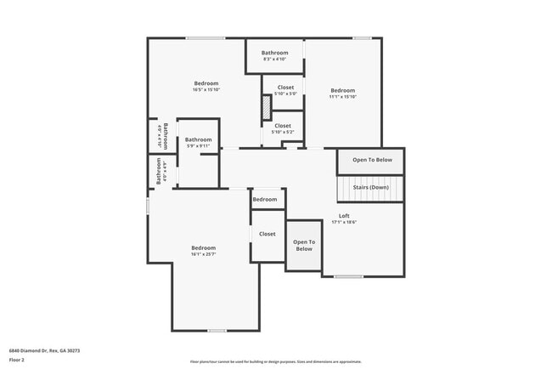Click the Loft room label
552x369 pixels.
click(344, 216)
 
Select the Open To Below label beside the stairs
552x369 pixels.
click(372, 160)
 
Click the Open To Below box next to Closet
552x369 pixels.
click(304, 245)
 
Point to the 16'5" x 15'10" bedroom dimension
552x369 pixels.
click(206, 90)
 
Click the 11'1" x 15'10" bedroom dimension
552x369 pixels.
click(343, 98)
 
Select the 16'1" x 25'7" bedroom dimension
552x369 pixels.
click(204, 254)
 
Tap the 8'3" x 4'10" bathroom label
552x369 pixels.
click(274, 60)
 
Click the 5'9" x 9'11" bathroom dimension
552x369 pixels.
click(199, 146)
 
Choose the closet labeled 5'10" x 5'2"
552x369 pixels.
click(283, 132)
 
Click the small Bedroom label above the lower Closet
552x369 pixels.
click(265, 199)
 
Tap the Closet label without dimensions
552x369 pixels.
click(268, 234)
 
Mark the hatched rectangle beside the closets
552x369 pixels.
click(265, 108)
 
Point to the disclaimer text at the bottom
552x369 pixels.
click(275, 360)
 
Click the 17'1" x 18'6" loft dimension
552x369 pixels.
click(344, 223)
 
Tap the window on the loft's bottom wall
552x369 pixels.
click(348, 276)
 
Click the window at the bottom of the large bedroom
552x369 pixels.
click(217, 331)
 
